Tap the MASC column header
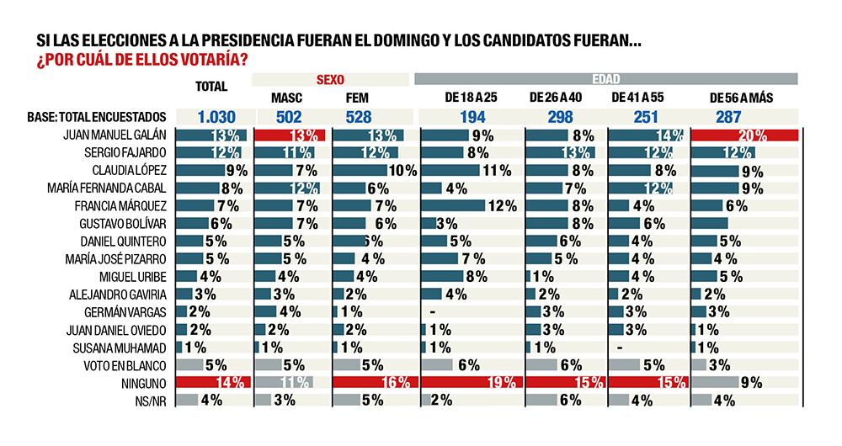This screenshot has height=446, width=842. pos(286,98)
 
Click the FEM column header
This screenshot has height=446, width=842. pos(358,98)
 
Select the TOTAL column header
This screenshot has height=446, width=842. pos(212,87)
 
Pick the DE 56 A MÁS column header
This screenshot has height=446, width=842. pos(741,98)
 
